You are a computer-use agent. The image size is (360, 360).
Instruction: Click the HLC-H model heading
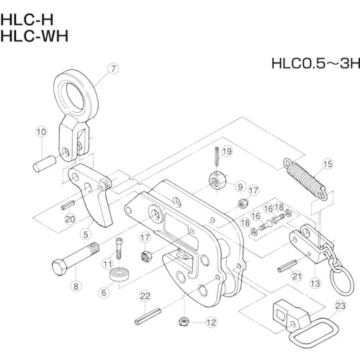pos(28,12)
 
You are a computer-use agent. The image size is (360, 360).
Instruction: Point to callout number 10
pos(41,132)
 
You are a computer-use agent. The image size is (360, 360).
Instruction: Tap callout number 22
pos(145,296)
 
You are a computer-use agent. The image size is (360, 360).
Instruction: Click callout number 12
pos(211,322)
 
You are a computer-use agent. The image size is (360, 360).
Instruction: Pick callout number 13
pos(314,284)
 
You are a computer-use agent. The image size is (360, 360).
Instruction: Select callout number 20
pos(69,219)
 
